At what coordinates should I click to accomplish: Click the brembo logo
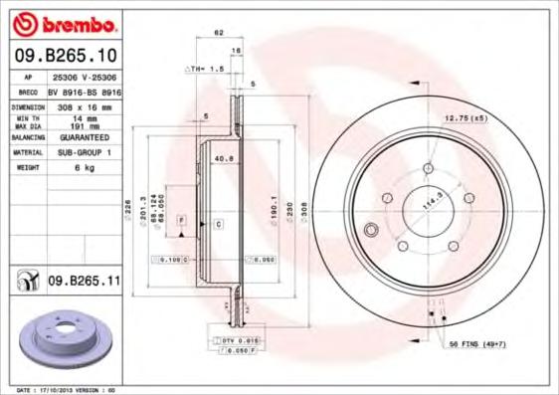(64, 21)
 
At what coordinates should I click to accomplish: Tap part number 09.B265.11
(84, 283)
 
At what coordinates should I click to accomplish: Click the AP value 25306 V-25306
(84, 77)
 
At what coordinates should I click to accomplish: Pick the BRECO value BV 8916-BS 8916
(84, 91)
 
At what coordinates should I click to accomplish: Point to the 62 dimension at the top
(218, 33)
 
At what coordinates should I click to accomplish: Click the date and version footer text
(68, 389)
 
